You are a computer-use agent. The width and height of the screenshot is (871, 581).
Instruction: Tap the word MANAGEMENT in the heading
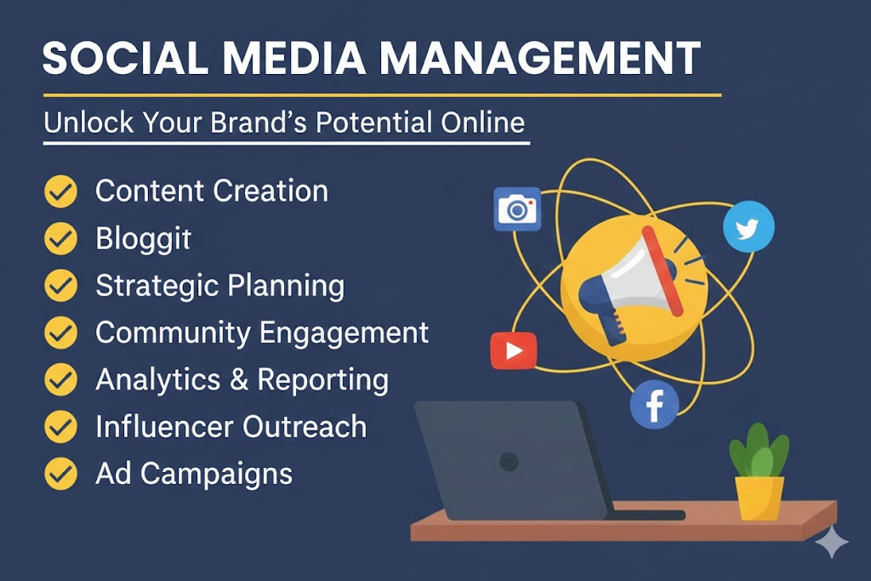(x=539, y=58)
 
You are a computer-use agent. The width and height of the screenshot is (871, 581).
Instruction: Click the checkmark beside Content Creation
(x=60, y=191)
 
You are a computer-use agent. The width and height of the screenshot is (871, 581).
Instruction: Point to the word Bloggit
(x=143, y=239)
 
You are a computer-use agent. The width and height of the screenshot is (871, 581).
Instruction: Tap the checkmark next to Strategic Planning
(x=60, y=286)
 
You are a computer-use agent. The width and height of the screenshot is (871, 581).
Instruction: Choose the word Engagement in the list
(x=344, y=333)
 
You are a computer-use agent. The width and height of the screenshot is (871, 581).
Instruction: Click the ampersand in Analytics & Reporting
(x=239, y=380)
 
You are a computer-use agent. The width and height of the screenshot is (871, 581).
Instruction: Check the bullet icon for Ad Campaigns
(x=60, y=474)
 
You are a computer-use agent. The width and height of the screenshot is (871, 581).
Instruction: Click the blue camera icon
(x=517, y=209)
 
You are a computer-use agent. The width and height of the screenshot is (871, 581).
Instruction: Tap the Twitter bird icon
(x=749, y=226)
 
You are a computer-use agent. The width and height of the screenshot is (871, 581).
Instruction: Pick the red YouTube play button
(x=513, y=350)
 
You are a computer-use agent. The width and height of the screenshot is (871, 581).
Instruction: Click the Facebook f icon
(x=654, y=404)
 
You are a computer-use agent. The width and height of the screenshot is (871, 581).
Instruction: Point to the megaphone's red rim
(x=662, y=271)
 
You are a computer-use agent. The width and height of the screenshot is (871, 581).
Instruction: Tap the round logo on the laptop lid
(x=509, y=462)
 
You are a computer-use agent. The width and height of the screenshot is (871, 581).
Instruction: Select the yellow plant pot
(x=759, y=498)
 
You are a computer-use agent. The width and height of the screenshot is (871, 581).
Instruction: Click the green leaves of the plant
(x=759, y=451)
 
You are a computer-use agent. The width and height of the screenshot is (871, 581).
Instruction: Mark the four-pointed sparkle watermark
(x=832, y=542)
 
